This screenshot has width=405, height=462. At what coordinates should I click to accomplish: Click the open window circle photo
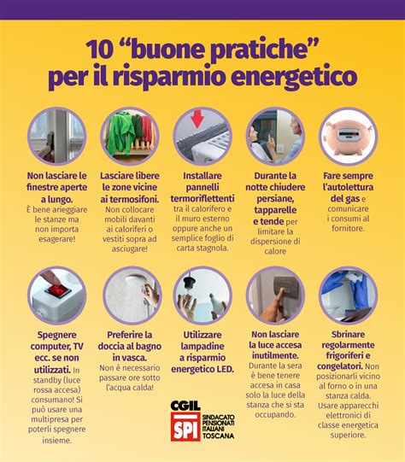[56, 136]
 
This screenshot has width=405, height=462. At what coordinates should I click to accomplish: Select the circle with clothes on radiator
[130, 136]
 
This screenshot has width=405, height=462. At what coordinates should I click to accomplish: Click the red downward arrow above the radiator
[196, 117]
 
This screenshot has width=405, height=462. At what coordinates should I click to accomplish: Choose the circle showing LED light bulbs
[202, 295]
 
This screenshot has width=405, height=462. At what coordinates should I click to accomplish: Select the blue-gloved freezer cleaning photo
[348, 295]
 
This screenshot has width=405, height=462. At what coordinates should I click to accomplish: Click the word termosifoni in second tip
[130, 198]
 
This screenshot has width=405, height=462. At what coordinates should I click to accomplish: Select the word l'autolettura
[348, 186]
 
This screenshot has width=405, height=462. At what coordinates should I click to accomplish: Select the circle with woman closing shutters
[275, 136]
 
